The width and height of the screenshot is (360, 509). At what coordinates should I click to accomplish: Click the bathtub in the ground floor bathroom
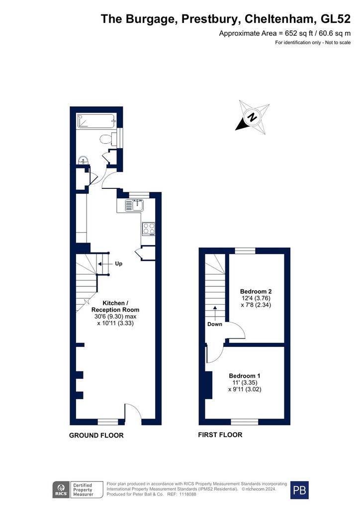coord(96,121)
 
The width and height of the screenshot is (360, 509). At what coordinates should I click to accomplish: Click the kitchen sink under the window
coord(135,205)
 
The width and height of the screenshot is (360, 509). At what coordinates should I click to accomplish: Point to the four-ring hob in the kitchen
coord(149,228)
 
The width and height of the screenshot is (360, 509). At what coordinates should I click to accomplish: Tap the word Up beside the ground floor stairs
coord(118,263)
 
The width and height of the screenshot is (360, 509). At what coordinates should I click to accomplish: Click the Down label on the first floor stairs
coord(215,324)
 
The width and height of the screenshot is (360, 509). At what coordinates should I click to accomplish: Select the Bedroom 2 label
coord(256,291)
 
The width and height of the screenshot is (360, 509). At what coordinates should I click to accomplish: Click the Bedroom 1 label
coord(245,376)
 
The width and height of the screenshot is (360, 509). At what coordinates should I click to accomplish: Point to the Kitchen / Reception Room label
coord(115,306)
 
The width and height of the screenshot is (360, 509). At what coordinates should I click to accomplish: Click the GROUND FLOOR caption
coord(96,435)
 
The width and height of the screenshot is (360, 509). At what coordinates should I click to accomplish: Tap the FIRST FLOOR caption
coord(220,434)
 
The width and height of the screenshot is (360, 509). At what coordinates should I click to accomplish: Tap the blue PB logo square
coord(299,490)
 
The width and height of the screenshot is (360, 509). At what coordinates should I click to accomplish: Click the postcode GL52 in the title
coord(336,19)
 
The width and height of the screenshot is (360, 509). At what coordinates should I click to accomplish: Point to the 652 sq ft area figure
coord(298,33)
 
